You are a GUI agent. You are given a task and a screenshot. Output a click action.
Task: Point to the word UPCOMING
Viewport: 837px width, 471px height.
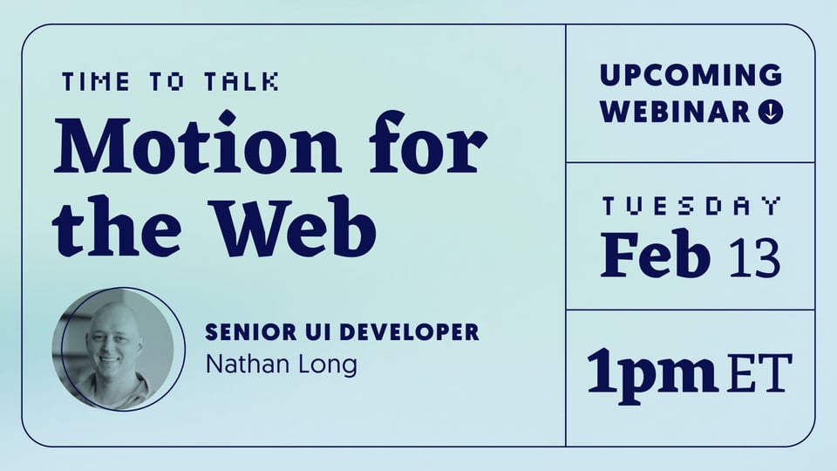[x=691, y=75]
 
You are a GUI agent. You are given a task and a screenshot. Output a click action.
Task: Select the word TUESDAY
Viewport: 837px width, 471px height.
[x=691, y=206]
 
